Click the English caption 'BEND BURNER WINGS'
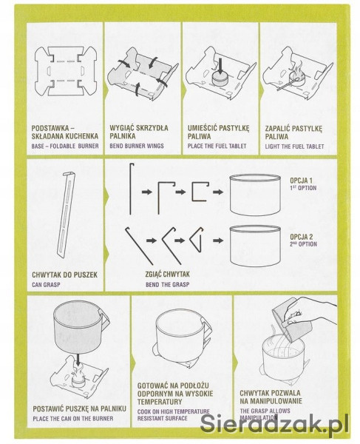click(137, 146)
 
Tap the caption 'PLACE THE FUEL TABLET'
click(217, 146)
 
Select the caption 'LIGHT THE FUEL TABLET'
click(294, 147)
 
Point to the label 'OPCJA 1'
click(301, 181)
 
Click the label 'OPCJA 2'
click(302, 237)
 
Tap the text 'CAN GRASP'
click(46, 285)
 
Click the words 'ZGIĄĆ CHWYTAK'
click(167, 274)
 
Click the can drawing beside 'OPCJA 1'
click(255, 195)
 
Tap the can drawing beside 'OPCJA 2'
click(255, 246)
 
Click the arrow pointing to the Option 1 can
click(218, 192)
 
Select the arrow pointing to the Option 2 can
click(218, 240)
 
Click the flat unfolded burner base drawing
click(65, 71)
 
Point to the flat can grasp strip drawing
click(67, 214)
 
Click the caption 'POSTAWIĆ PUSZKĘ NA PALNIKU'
click(79, 408)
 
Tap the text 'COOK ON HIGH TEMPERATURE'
click(174, 411)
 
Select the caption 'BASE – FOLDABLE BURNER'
click(65, 146)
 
